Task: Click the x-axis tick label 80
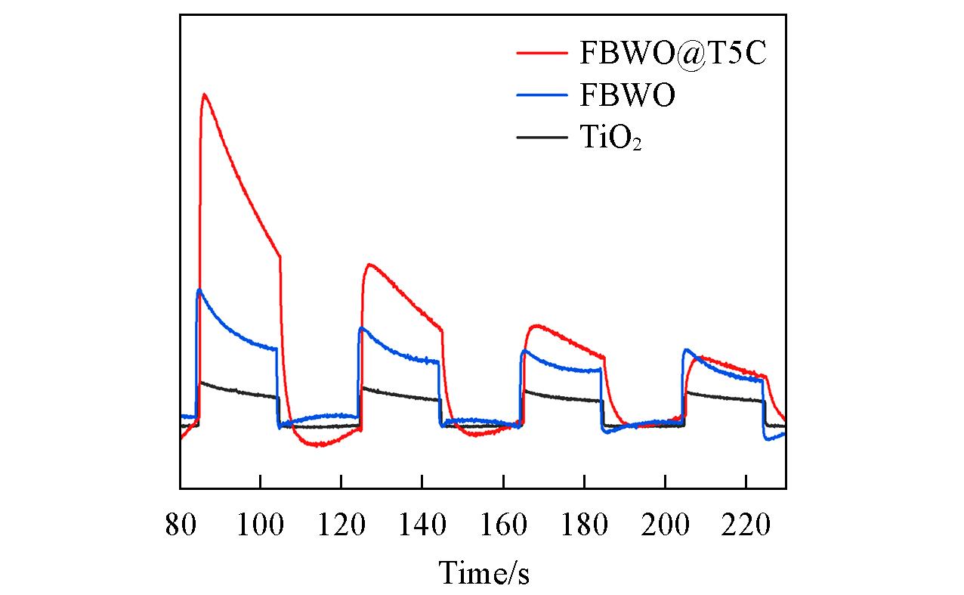pos(181,525)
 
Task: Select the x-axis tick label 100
pos(260,525)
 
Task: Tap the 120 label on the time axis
pos(341,525)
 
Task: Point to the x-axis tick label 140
pos(422,525)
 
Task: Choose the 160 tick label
pos(502,525)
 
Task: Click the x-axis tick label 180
pos(583,525)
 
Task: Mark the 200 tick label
pos(664,525)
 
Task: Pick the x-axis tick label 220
pos(745,525)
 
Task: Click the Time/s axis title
pos(484,573)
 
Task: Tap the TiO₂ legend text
pos(611,138)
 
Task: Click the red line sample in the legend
pos(542,53)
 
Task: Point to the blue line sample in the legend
pos(542,95)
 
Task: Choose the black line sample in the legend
pos(542,138)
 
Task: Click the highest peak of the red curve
pos(204,95)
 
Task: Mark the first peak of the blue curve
pos(199,290)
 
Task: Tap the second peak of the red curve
pos(369,265)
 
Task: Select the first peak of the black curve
pos(201,383)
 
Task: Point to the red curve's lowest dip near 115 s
pos(320,445)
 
